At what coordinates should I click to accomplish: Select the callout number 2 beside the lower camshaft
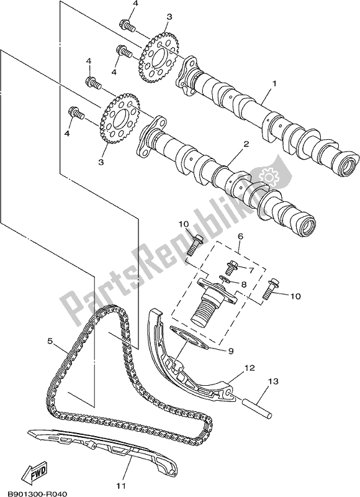pos(246,144)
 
